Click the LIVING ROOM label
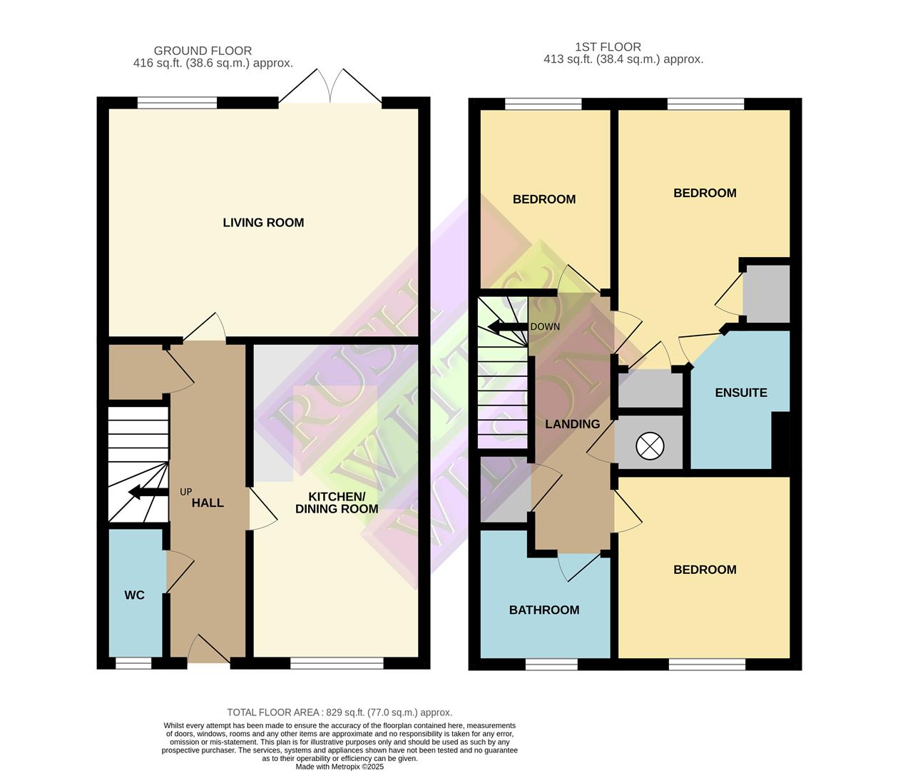(263, 223)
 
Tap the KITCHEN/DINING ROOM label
(337, 503)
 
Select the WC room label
(134, 595)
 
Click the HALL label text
(208, 503)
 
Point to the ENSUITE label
(741, 393)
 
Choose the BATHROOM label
(544, 610)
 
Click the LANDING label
(572, 424)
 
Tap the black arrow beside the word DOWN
(506, 327)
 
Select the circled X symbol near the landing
(649, 447)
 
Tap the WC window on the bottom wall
(133, 663)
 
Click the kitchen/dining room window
(337, 663)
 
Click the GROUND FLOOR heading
(203, 51)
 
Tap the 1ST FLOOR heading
(608, 47)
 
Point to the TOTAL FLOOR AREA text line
(340, 712)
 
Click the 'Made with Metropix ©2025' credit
(340, 767)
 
